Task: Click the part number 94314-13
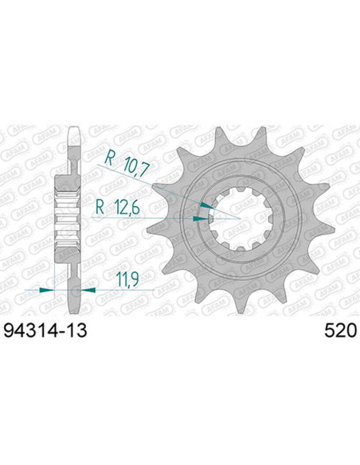point(45,330)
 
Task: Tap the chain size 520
point(340,330)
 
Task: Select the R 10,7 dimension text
point(127,165)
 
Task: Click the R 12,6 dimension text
point(118,207)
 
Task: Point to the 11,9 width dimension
point(128,279)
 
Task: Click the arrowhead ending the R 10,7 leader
point(205,205)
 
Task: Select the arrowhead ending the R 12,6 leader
point(200,219)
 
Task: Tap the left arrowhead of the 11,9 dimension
point(47,290)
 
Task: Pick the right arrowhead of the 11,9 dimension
point(88,290)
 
